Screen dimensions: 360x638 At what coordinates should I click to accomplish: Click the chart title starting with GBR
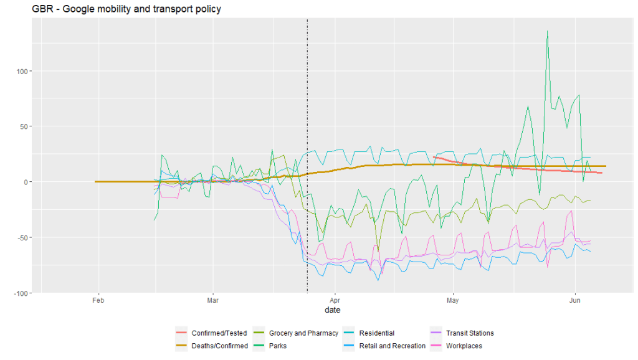point(126,9)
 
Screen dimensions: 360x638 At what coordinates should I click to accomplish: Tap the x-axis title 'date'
point(332,310)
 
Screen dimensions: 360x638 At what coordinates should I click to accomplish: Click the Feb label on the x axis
point(98,300)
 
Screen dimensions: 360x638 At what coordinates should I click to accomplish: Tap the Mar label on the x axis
point(212,300)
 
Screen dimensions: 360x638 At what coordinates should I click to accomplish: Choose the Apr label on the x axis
point(335,300)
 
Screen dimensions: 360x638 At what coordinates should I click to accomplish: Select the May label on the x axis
point(453,300)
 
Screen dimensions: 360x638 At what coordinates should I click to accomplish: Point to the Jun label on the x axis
point(575,300)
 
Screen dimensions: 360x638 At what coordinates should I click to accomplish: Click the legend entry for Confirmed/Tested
point(219,333)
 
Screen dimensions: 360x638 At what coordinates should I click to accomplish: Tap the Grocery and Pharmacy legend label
point(303,333)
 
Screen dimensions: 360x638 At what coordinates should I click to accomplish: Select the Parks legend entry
point(279,346)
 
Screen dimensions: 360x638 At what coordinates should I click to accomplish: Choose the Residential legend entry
point(376,333)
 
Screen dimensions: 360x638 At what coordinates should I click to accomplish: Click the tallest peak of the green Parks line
point(547,31)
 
